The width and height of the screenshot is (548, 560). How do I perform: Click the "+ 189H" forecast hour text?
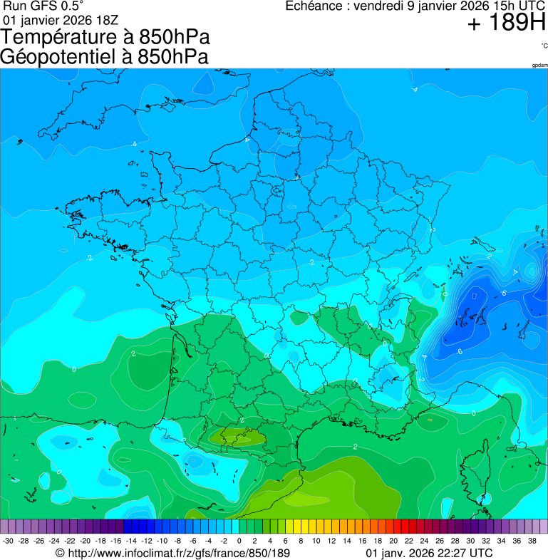(507, 24)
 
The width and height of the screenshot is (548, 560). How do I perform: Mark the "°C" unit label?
(544, 46)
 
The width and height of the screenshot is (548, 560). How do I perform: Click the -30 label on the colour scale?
(8, 541)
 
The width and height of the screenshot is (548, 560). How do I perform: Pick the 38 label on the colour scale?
(532, 541)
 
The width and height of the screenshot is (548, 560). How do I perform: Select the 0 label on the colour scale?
(239, 541)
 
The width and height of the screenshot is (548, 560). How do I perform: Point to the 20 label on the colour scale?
(393, 541)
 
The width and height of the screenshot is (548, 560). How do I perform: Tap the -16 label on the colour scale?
(115, 541)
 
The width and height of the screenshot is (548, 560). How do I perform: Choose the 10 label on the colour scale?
(316, 541)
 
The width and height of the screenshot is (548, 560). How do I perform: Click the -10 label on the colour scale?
(162, 541)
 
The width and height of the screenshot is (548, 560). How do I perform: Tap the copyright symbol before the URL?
(60, 553)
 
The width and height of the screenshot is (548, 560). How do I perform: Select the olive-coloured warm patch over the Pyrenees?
(240, 435)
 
